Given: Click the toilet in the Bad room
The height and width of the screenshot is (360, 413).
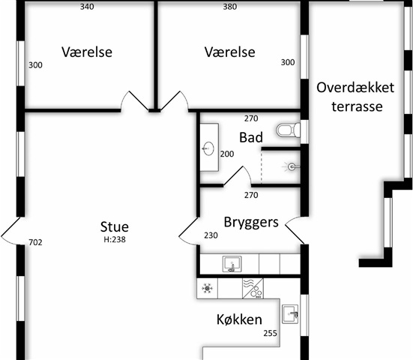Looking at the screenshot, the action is point(288,130).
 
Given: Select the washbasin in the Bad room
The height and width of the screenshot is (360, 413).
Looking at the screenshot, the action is point(209,148).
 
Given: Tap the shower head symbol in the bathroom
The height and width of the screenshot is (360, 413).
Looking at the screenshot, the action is point(291,166).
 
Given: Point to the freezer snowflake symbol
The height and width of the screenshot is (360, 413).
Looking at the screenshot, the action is point(207,288).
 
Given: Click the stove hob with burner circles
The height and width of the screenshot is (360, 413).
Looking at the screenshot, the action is point(253,288).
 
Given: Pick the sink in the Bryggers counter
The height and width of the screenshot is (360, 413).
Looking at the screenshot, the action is point(232,264).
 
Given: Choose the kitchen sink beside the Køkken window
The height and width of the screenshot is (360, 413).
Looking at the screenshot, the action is point(290,314).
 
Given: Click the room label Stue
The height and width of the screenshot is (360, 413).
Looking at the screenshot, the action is point(115,226).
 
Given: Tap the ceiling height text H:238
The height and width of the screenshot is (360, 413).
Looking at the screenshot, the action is point(115,239).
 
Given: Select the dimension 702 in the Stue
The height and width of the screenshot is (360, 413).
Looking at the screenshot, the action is point(35,242).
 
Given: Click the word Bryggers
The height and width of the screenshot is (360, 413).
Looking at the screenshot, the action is point(251,222).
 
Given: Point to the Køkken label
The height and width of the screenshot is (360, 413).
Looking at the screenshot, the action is point(239,319).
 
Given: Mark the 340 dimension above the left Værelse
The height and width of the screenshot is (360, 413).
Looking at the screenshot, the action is point(87,7).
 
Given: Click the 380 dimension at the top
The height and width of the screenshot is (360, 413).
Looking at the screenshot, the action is point(230,7).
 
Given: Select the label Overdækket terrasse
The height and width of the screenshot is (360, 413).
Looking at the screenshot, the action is point(355,97).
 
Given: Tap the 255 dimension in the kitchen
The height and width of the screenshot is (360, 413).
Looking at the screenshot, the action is point(271,334).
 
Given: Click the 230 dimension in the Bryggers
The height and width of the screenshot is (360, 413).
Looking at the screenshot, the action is point(211,235).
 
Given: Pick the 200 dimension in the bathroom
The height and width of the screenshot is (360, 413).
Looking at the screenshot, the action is point(227,154).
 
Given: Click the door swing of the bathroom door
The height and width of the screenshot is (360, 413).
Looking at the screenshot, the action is point(238,176).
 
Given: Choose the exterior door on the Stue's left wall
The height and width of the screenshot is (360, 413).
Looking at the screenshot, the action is point(10,231).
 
